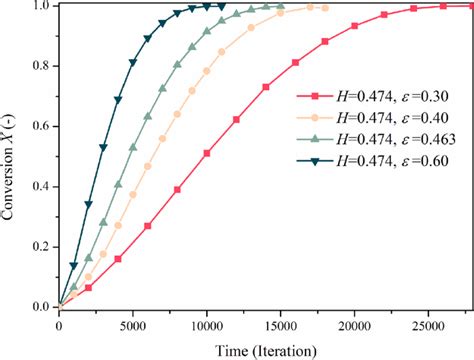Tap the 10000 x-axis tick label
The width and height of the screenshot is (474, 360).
207,323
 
